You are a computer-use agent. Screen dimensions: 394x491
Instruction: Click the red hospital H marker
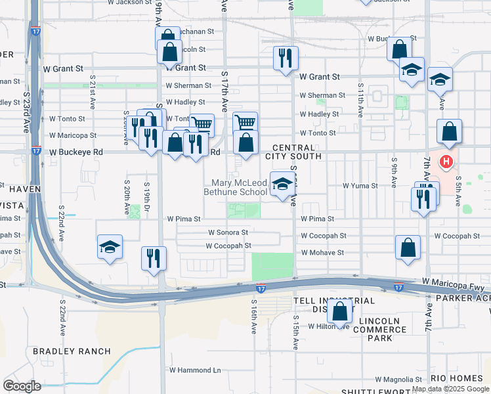446,161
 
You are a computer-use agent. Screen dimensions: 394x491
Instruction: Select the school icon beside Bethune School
282,184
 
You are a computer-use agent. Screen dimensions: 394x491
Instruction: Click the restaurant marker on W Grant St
286,58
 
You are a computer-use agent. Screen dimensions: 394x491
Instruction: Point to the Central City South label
293,152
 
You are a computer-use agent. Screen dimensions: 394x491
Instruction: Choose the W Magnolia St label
399,380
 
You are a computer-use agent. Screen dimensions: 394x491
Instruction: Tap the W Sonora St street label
228,232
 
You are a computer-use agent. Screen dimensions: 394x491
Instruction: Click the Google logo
22,385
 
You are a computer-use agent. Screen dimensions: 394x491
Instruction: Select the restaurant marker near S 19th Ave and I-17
154,257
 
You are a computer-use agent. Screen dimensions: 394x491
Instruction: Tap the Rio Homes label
457,378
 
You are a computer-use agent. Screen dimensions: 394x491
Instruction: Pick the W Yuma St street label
360,186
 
